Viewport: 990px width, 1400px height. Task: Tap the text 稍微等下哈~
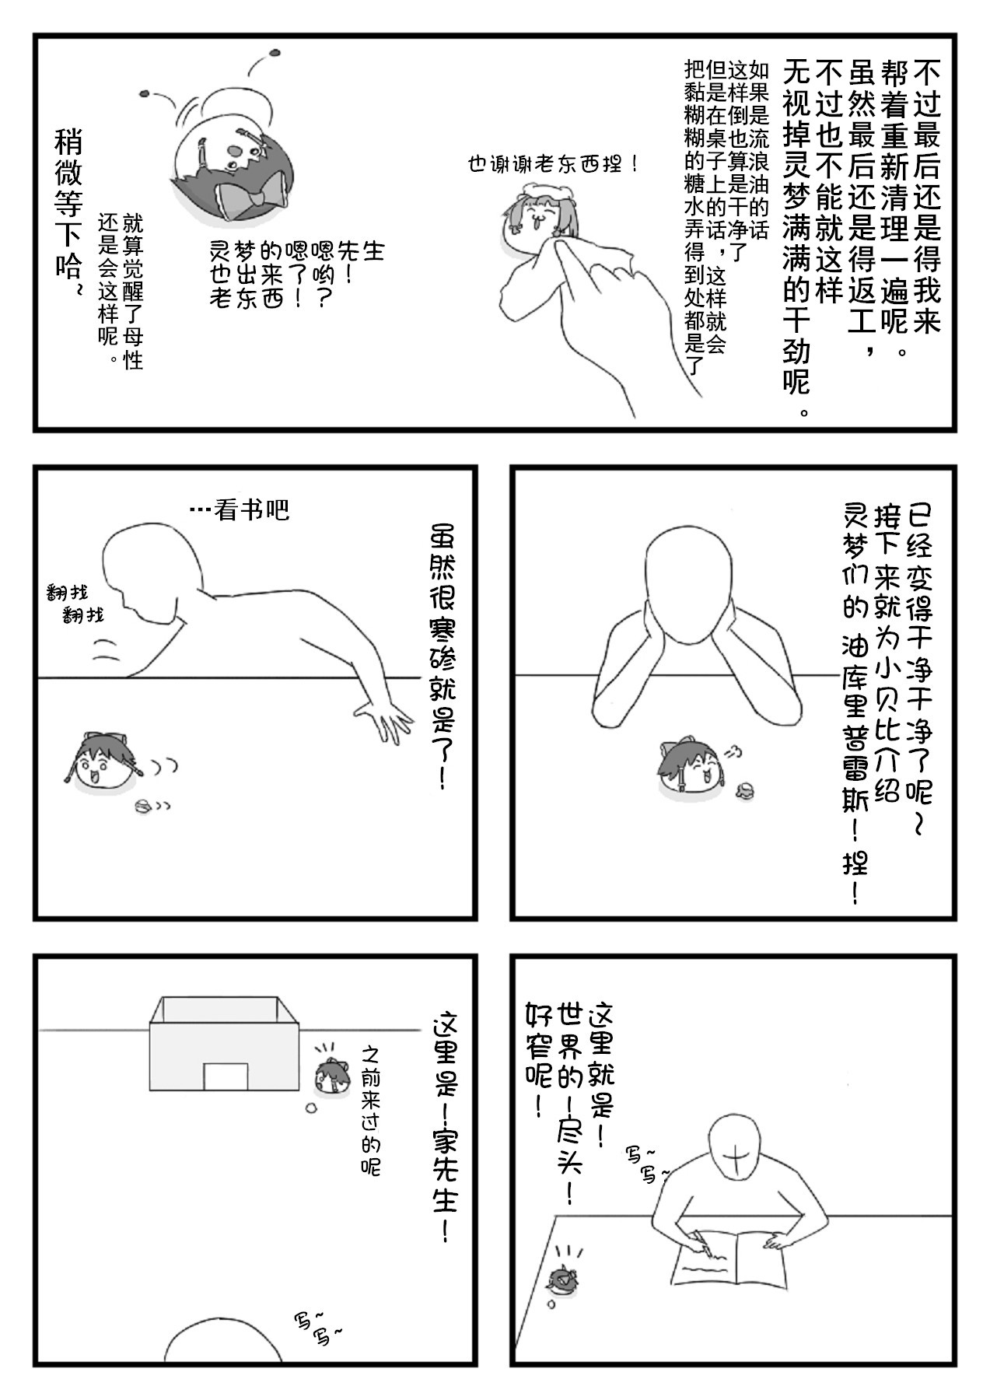click(x=68, y=215)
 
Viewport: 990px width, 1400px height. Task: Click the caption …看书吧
click(x=240, y=509)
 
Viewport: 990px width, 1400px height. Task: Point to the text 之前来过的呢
click(x=371, y=1110)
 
